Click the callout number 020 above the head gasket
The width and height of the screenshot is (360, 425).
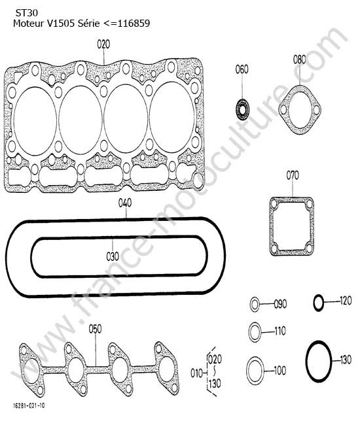103,44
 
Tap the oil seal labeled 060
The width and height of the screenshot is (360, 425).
242,110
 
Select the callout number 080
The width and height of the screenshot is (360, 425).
300,59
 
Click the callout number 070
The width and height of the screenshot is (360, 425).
293,175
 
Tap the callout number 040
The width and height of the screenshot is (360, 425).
125,203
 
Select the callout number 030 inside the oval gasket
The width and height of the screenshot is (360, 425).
113,256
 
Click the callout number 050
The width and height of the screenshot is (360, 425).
95,329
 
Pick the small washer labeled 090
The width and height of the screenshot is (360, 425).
255,305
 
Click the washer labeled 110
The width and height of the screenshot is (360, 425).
255,332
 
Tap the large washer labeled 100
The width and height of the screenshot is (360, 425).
255,371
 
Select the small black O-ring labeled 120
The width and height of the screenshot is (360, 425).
319,302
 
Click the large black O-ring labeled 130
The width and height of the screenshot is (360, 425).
319,361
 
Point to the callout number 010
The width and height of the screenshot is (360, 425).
196,373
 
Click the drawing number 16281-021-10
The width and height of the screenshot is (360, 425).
29,406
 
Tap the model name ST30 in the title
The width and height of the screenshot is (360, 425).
26,13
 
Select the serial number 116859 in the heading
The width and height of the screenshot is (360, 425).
134,24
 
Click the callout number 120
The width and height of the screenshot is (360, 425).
346,301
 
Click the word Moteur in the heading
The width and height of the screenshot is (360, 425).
29,24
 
